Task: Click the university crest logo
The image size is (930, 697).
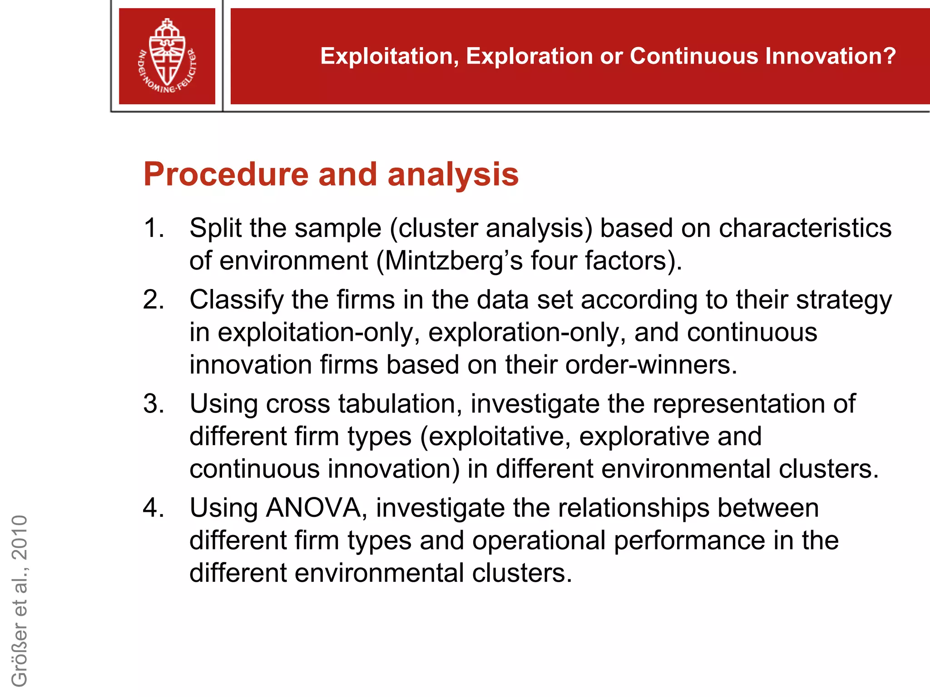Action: [167, 56]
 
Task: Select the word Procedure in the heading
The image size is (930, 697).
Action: [226, 175]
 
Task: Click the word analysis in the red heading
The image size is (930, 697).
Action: [453, 175]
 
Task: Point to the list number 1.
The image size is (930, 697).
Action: [153, 228]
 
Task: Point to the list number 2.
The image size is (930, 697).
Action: [153, 299]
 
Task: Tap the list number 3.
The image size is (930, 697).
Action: [153, 403]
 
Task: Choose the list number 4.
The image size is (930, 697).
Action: [153, 507]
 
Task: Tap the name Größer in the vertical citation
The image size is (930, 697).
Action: [20, 653]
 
